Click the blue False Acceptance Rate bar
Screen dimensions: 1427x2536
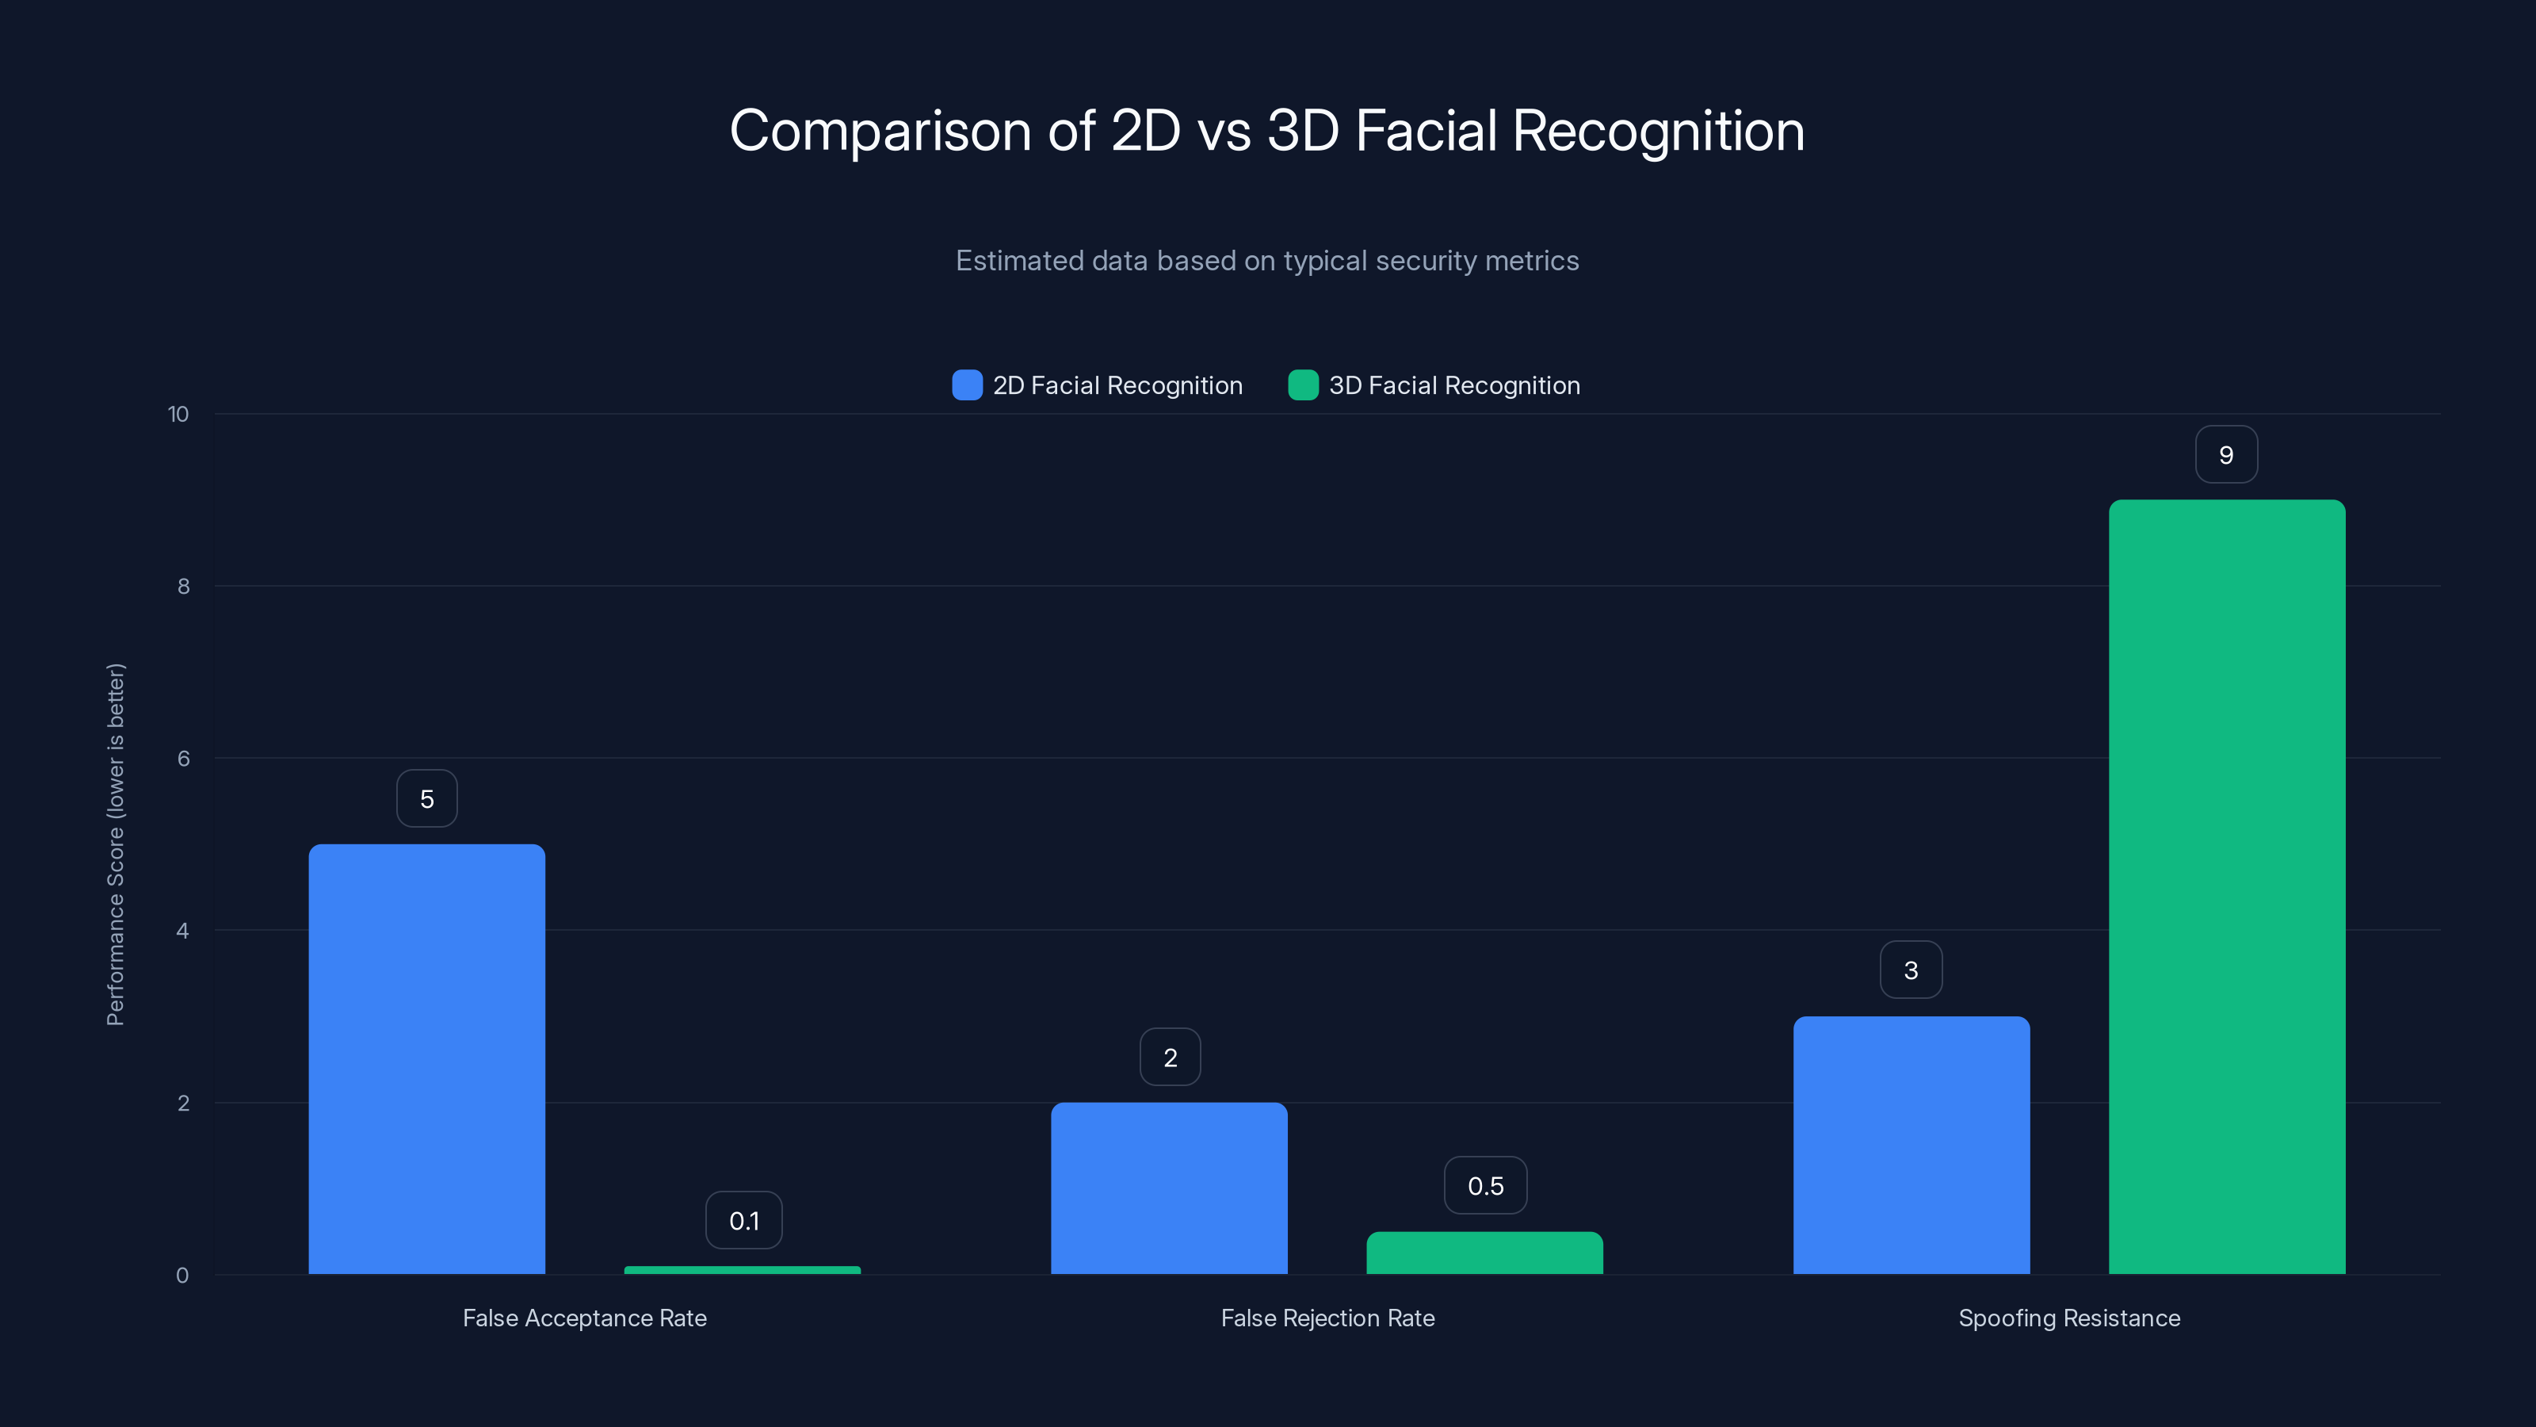(x=426, y=1058)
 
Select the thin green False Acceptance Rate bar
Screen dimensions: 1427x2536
(x=743, y=1270)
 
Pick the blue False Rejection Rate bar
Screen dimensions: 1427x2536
(x=1169, y=1188)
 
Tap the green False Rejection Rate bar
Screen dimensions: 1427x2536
(x=1484, y=1253)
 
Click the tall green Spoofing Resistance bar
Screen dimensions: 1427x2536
(x=2227, y=886)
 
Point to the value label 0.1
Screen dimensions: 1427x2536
(x=744, y=1221)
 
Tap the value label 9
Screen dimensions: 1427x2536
(x=2226, y=455)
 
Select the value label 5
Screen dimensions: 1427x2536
(x=426, y=798)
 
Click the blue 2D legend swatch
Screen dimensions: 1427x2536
(x=967, y=385)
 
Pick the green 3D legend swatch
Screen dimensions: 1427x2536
(x=1302, y=385)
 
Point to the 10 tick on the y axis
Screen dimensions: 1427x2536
(x=178, y=414)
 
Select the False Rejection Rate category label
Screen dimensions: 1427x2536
(x=1327, y=1318)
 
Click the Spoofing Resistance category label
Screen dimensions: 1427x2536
(x=2069, y=1318)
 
